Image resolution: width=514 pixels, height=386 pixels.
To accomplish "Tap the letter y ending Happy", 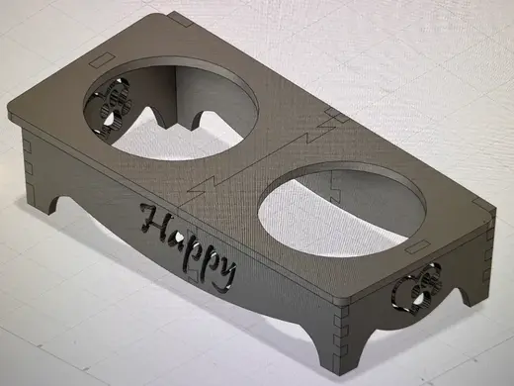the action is coord(224,274).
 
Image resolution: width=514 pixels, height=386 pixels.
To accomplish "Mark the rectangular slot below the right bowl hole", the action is coord(418,246).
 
